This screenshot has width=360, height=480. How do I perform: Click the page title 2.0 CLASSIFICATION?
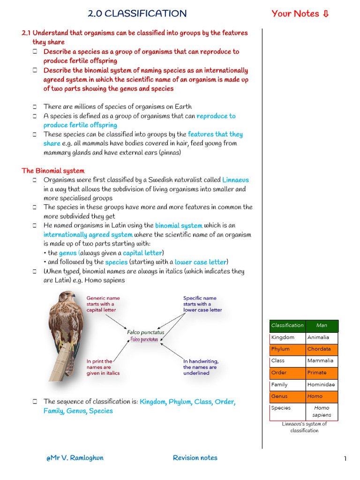tap(137, 14)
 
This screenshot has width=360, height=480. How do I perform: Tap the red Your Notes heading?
tap(300, 14)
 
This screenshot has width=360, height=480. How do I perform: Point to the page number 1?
tap(345, 458)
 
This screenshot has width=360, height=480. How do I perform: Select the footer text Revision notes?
tap(195, 458)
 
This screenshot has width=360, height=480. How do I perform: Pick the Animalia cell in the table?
tap(321, 337)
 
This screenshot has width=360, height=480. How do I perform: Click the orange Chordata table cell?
tap(321, 349)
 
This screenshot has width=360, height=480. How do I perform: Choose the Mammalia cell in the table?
tap(321, 361)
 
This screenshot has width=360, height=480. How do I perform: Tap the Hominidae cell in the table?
tap(321, 385)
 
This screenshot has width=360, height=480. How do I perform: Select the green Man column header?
tap(322, 325)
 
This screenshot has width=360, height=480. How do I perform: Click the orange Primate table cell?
tap(321, 373)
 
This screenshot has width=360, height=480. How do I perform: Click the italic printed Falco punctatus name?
tap(146, 332)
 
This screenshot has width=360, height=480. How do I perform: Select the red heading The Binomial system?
tap(53, 171)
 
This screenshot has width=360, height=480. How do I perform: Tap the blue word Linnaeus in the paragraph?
tap(235, 180)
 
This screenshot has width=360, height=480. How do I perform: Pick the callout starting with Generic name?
tap(103, 304)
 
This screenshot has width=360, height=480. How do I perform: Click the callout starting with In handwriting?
tap(201, 367)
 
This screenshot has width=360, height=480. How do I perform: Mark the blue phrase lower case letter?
tap(201, 262)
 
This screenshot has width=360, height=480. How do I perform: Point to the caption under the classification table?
tap(304, 427)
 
